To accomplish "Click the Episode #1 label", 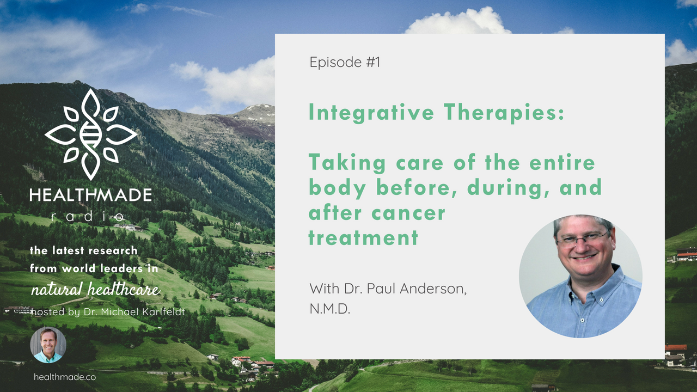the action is click(x=345, y=62).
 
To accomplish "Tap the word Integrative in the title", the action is click(x=371, y=113).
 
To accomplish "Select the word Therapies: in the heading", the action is click(x=504, y=113).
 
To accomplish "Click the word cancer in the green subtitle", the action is click(x=408, y=213).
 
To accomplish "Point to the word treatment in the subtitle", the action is click(x=363, y=238).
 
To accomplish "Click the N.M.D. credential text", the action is click(x=330, y=309).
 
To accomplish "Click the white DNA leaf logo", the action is click(x=91, y=134).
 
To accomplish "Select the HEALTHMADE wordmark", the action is click(x=91, y=195).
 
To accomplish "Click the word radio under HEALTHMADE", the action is click(x=88, y=217).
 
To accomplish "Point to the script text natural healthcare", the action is click(x=95, y=289).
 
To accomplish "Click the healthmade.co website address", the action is click(x=65, y=377).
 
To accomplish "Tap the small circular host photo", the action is click(x=48, y=345).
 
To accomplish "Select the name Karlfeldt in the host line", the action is click(x=163, y=312).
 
